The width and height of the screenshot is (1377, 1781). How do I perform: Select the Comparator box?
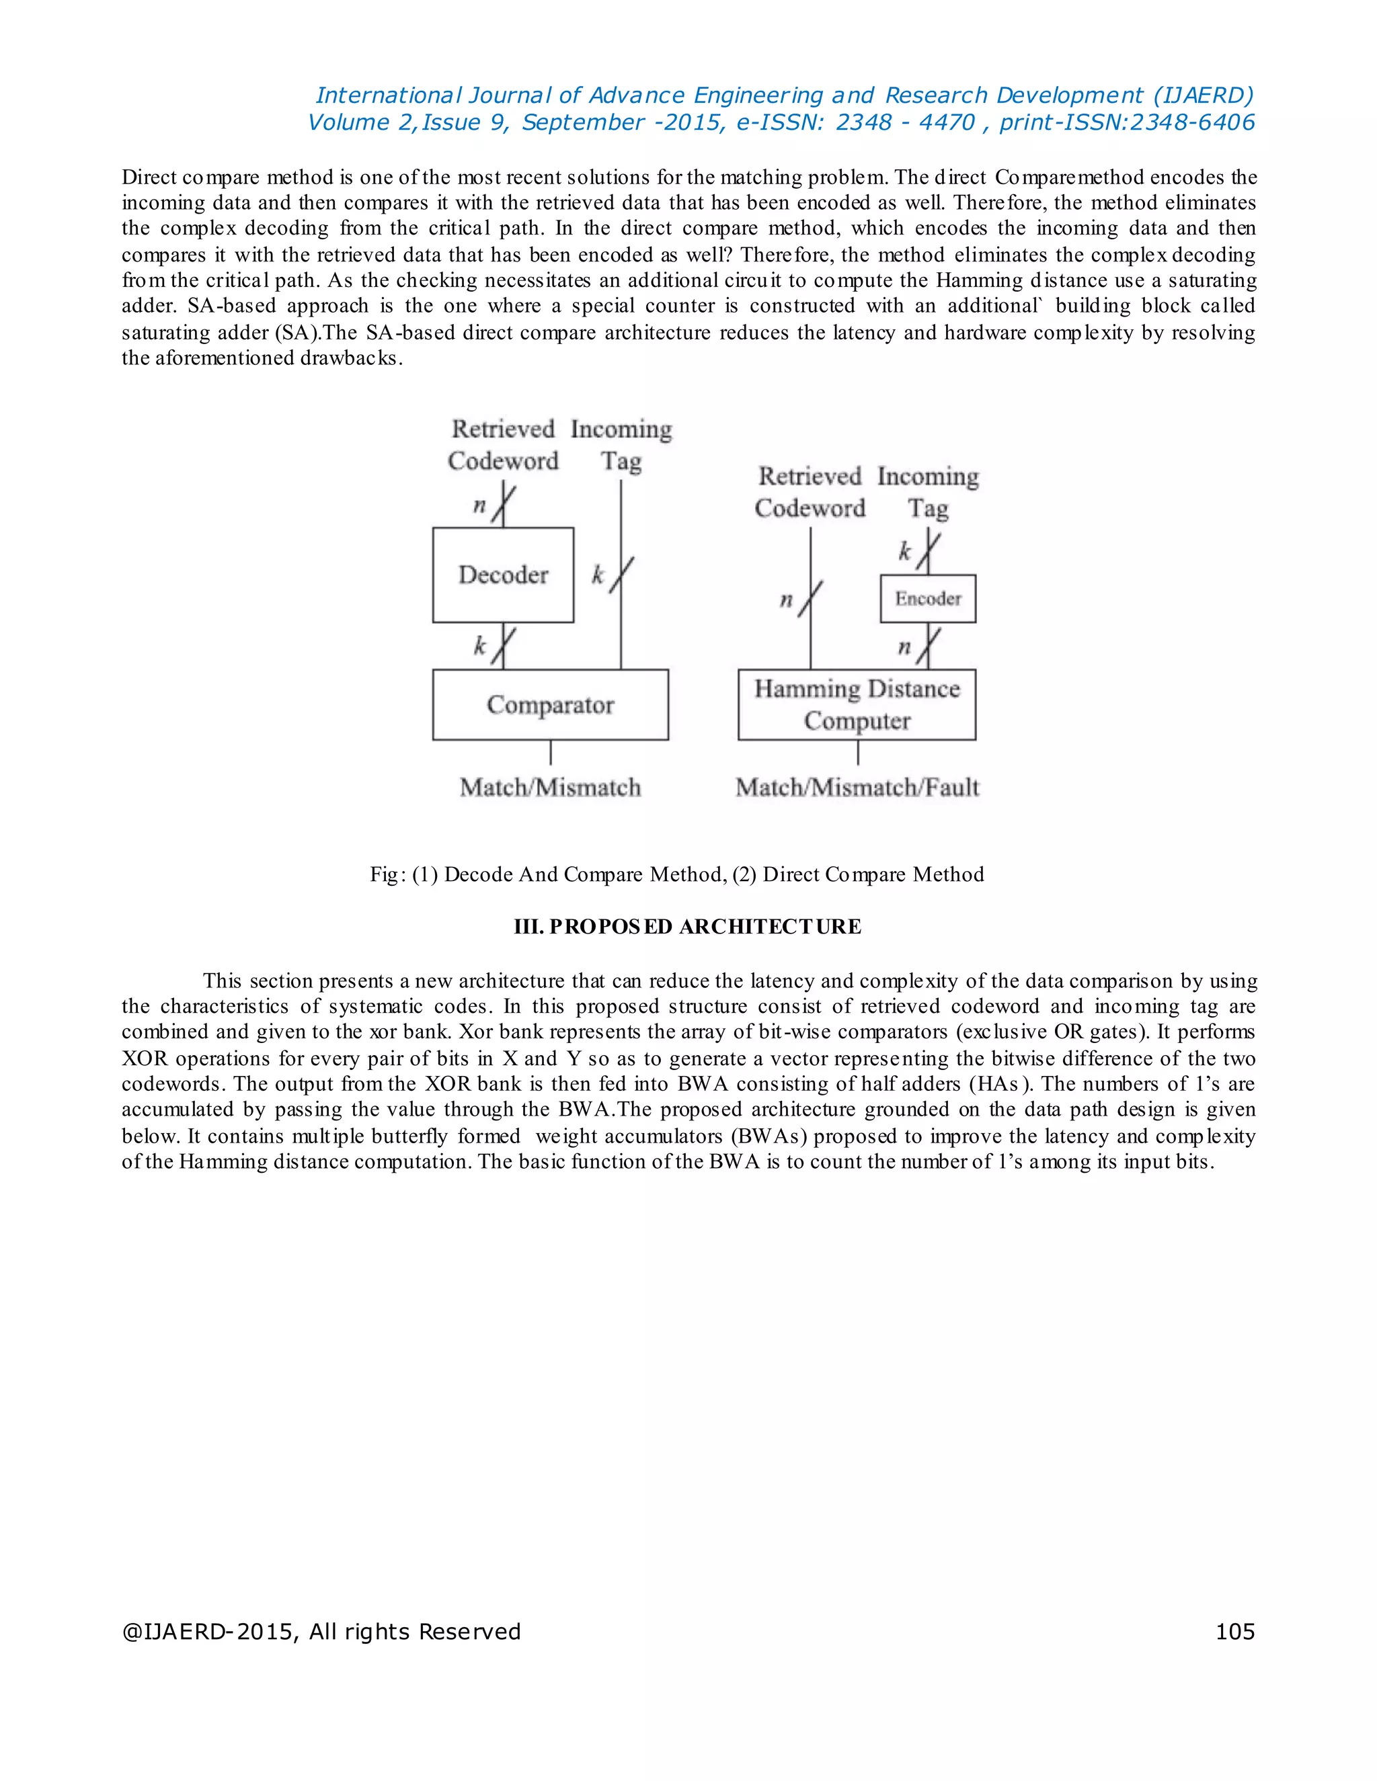pos(550,704)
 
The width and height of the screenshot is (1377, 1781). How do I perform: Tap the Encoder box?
pos(927,599)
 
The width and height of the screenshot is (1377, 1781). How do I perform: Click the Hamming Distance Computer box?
pos(857,704)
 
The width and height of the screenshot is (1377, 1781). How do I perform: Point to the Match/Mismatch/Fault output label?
pos(857,788)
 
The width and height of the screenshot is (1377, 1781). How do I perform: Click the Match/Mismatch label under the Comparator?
pos(550,788)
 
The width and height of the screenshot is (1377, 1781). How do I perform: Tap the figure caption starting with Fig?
pos(676,874)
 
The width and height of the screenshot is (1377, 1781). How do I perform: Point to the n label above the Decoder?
pos(479,505)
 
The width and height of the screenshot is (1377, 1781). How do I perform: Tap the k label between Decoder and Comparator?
pos(479,646)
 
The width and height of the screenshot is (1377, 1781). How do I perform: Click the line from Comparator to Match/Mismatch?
pos(551,753)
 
